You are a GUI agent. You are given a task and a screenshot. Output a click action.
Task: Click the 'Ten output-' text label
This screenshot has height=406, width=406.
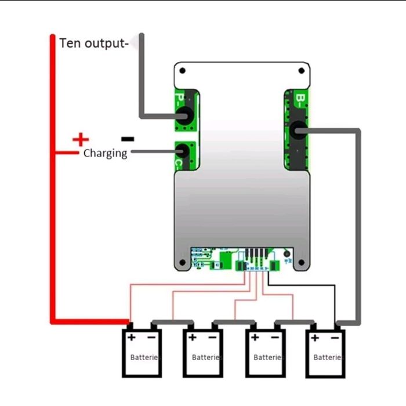coord(93,43)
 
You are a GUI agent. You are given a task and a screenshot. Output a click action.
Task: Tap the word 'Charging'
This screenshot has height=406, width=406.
coord(105,154)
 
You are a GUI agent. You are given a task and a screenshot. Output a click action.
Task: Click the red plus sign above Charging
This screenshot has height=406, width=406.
coord(81,139)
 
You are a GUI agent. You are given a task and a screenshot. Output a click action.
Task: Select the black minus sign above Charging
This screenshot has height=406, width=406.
coord(128,139)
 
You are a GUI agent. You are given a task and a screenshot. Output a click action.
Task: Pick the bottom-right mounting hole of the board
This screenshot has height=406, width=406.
coord(301,263)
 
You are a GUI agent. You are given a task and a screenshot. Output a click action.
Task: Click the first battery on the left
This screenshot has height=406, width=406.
coord(142,354)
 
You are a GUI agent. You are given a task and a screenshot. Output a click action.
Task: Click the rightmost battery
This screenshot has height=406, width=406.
coord(326,354)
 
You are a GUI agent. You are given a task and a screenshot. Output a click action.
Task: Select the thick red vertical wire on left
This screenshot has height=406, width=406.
coord(52,174)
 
